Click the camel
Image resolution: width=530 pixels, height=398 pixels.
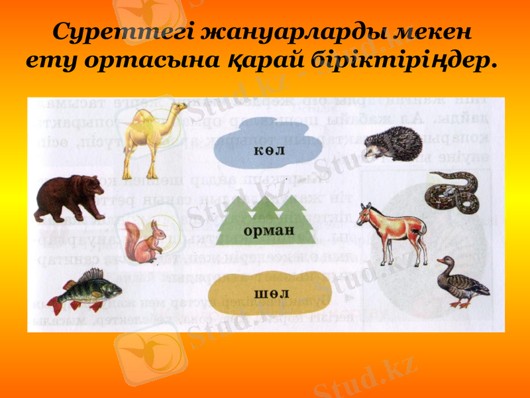point(149,136)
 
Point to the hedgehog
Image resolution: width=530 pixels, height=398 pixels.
point(395,144)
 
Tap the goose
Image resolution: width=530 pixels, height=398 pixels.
point(460,282)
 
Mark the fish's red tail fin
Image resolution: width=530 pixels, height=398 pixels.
point(54,306)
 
